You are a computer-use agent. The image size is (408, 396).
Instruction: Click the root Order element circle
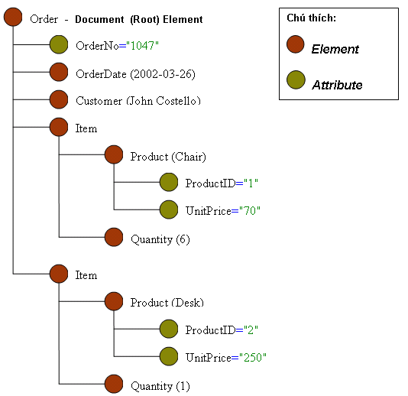[13, 18]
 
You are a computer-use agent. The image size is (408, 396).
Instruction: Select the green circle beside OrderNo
[59, 45]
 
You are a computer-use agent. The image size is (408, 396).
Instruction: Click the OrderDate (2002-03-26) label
[125, 73]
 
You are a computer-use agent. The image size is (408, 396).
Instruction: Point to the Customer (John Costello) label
[138, 101]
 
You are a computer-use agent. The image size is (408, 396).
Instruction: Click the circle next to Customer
[59, 100]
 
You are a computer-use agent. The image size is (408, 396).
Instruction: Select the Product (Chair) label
[168, 157]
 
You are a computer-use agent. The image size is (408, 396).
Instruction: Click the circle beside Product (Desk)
[114, 302]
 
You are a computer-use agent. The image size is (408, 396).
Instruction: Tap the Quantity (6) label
[160, 239]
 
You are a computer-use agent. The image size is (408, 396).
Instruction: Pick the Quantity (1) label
[160, 386]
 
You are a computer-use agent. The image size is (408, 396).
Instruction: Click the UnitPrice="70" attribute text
[222, 211]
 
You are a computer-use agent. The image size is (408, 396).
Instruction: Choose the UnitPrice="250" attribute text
[225, 358]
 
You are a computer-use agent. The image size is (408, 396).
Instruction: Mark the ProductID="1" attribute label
[222, 183]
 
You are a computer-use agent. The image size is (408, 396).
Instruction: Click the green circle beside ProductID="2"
[169, 329]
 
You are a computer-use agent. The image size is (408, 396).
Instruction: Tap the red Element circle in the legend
[296, 47]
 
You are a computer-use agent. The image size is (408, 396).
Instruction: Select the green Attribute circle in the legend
[296, 83]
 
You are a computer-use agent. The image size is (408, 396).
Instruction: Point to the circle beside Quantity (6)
[114, 239]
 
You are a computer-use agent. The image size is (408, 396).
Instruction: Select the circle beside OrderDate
[59, 73]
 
